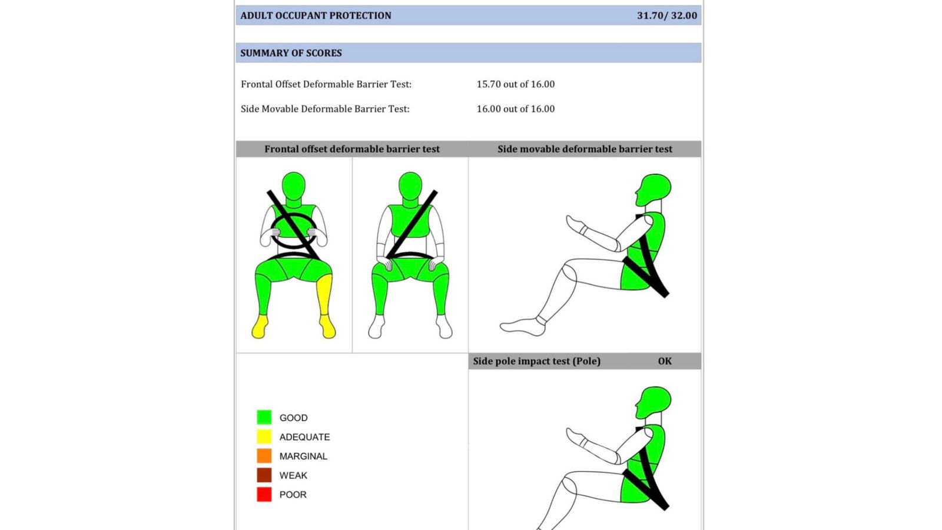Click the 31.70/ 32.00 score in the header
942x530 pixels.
667,15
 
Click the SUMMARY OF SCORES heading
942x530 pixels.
291,53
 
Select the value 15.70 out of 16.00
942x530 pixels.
516,84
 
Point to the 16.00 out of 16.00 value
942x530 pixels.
516,109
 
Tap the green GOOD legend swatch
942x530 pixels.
264,418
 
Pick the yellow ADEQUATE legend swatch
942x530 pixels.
264,436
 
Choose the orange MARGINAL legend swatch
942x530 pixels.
264,456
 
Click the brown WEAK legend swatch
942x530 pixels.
264,475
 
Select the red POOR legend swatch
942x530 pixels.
264,494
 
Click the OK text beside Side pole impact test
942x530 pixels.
665,362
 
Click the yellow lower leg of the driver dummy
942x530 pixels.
324,294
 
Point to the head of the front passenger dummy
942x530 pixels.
410,185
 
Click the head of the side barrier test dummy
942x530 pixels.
654,190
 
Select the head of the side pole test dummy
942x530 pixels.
654,402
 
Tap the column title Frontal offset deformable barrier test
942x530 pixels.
352,150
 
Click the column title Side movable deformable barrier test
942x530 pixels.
585,150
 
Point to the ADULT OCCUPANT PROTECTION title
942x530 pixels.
316,15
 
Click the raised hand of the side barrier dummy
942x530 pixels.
575,223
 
